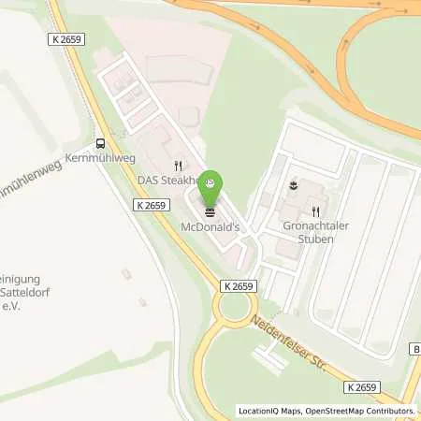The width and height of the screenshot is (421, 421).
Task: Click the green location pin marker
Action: click(x=211, y=182)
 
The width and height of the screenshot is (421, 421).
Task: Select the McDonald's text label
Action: click(x=210, y=226)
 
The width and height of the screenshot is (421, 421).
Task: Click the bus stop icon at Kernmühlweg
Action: click(x=99, y=143)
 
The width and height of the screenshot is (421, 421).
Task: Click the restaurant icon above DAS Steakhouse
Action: click(x=175, y=164)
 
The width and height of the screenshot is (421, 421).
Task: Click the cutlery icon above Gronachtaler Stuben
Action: click(x=316, y=210)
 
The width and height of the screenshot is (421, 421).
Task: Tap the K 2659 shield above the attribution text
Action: click(x=365, y=387)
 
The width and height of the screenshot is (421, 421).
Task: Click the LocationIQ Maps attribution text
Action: click(x=270, y=411)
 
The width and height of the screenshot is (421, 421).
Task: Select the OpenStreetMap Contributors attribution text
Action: click(x=361, y=411)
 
